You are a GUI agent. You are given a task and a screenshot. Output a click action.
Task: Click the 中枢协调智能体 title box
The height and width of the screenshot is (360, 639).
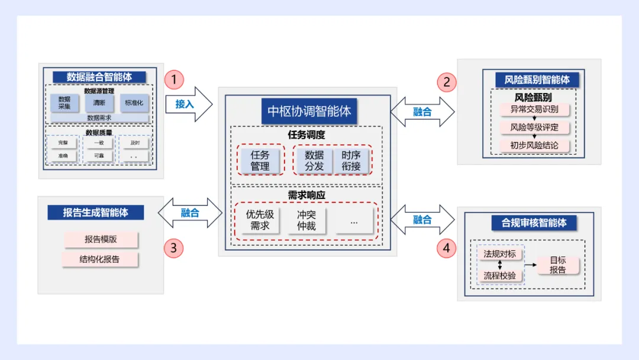309,111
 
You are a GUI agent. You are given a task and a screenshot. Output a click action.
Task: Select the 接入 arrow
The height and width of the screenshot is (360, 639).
188,104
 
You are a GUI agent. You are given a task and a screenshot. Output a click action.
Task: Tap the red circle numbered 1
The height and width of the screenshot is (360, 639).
174,80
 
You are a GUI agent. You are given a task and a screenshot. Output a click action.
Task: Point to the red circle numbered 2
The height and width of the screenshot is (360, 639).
446,81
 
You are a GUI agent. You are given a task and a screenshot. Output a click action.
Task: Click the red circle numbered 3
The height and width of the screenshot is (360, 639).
173,248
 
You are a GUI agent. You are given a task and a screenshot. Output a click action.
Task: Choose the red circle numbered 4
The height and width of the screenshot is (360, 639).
446,248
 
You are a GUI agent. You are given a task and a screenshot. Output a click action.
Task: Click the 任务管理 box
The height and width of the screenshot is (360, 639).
260,160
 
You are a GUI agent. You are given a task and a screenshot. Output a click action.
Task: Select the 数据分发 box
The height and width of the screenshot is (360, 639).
315,160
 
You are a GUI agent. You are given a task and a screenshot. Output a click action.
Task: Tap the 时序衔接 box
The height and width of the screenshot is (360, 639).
351,160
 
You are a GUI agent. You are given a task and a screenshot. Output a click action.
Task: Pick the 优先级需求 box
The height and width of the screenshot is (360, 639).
260,220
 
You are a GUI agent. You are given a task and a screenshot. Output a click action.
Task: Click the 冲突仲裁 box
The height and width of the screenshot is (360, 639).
306,220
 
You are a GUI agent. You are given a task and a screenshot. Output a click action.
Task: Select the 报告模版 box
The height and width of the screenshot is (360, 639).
100,240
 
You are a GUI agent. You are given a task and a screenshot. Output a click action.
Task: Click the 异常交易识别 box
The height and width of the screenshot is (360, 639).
534,110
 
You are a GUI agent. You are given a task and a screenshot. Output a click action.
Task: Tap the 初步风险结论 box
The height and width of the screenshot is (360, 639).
534,145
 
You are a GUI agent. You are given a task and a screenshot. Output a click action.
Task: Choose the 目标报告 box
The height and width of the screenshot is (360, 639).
557,265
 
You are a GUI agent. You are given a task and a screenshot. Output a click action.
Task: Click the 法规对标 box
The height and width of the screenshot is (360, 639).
499,254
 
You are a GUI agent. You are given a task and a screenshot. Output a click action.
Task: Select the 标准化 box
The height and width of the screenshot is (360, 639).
134,103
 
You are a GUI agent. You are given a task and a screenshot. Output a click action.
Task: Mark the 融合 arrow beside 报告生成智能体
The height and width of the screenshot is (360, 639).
190,213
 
